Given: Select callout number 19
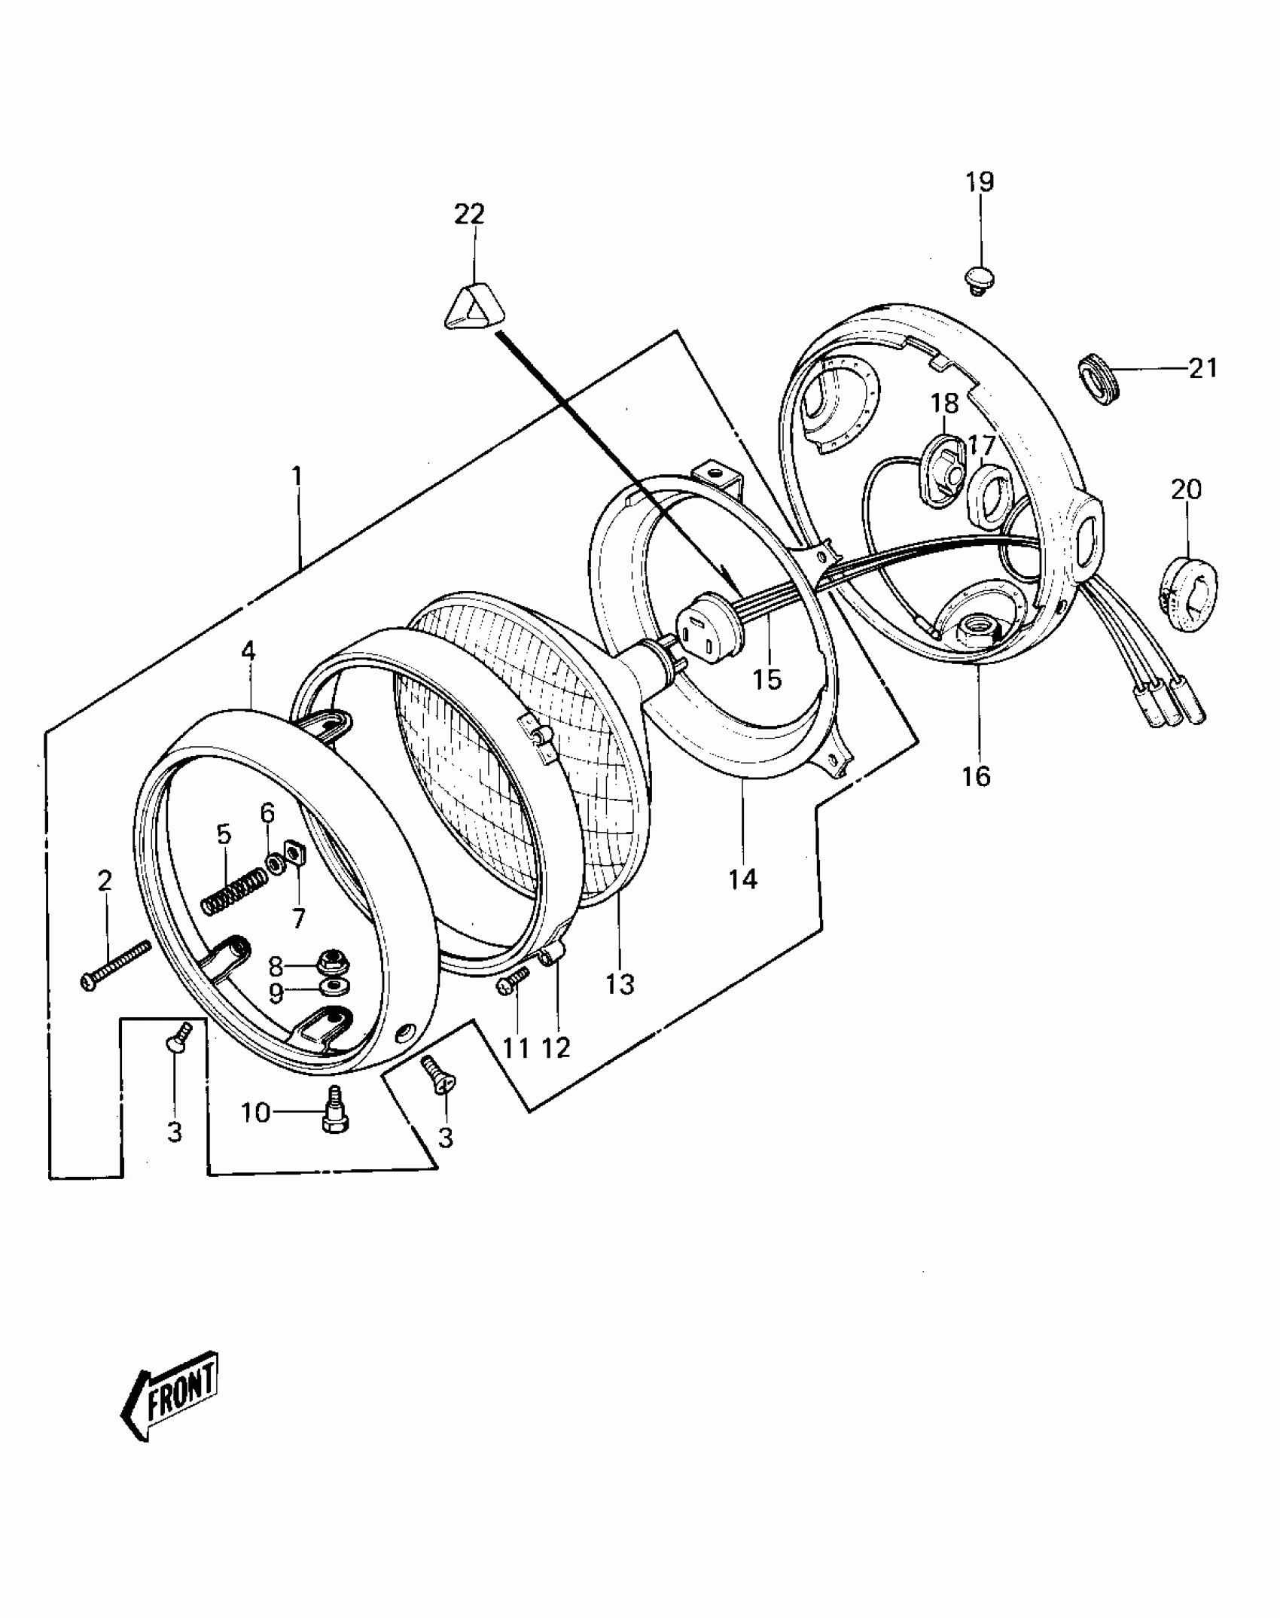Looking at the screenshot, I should [980, 181].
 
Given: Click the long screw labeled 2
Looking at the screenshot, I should [116, 966].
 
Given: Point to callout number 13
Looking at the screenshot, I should [620, 983].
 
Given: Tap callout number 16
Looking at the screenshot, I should [977, 775].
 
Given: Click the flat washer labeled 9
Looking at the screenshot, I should [329, 987].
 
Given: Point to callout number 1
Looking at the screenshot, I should [297, 476].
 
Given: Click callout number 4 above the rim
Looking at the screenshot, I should [248, 652].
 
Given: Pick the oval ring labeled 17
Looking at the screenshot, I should [987, 496].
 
